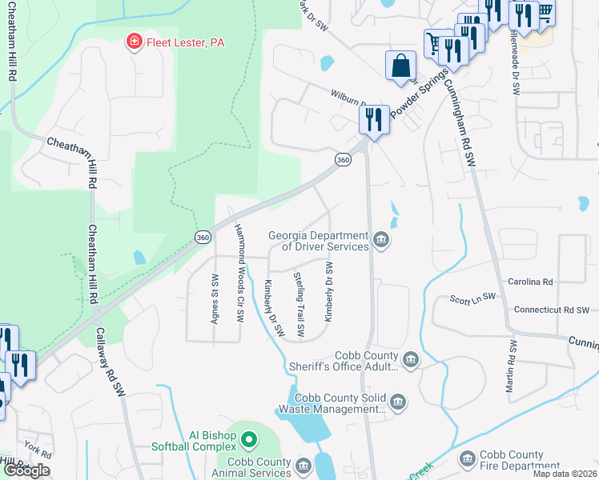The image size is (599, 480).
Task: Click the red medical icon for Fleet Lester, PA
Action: [x=134, y=42]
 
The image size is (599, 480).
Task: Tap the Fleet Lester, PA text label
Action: [x=184, y=42]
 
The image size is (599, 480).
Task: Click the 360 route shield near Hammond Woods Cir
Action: [x=203, y=237]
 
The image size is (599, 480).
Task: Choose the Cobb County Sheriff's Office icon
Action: [x=411, y=358]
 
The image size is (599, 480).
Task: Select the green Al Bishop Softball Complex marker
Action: [x=249, y=439]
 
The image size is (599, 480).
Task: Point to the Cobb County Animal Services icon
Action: [x=304, y=465]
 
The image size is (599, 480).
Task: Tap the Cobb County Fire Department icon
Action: [x=468, y=458]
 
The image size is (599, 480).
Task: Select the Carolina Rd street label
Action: [x=530, y=282]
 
